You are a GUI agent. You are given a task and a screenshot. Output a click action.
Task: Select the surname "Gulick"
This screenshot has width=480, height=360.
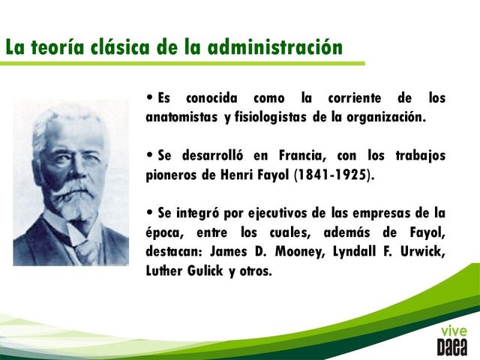coord(208,271)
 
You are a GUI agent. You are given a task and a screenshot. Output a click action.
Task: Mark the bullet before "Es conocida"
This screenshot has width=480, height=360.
coord(151,97)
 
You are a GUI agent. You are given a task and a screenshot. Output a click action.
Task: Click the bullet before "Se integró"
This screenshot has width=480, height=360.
coord(151,212)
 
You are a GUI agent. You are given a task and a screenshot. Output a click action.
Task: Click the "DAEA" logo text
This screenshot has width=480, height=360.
coord(452,346)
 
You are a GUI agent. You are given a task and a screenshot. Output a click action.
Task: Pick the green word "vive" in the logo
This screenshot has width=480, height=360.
coord(453,331)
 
